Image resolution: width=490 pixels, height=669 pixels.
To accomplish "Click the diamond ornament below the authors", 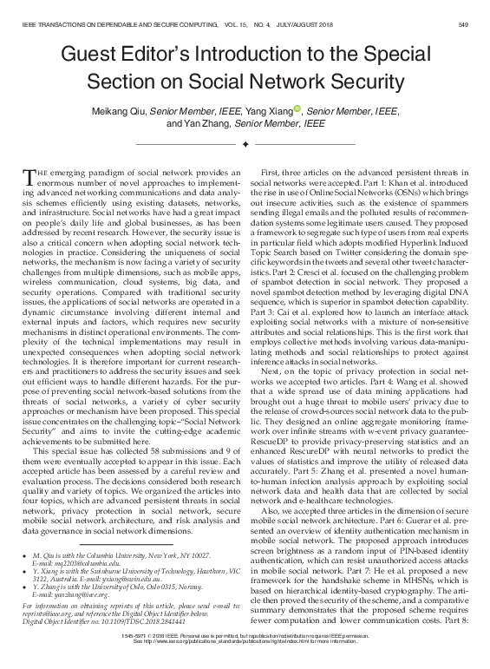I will (245, 143).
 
